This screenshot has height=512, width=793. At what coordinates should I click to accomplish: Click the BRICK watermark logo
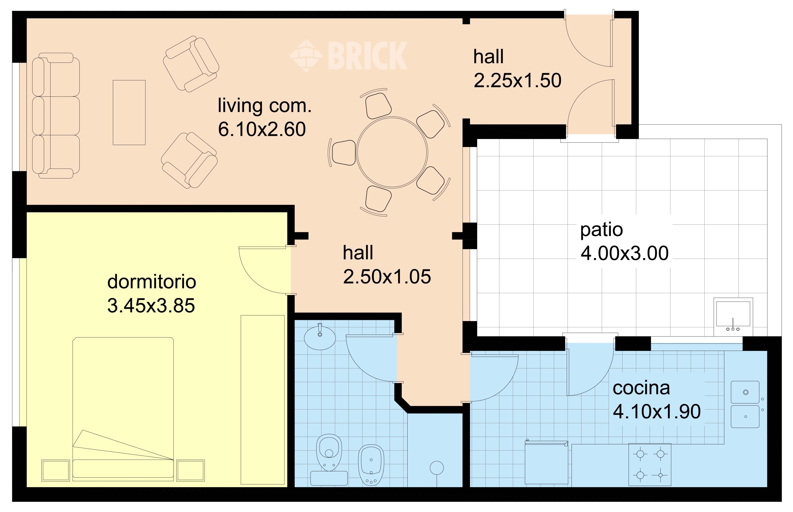(349, 55)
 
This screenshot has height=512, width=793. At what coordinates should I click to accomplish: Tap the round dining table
(392, 152)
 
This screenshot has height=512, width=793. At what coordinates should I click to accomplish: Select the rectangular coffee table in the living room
(129, 112)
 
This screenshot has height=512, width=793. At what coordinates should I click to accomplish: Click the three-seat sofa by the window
(56, 116)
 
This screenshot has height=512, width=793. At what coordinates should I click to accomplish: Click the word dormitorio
(152, 282)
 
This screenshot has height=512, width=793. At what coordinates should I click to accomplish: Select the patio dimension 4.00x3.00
(625, 253)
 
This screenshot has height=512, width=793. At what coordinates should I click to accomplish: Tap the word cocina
(641, 388)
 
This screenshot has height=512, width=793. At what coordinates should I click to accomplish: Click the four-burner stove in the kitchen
(650, 464)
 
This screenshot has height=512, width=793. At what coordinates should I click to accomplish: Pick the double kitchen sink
(745, 404)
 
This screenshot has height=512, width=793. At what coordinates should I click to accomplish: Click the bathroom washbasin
(320, 337)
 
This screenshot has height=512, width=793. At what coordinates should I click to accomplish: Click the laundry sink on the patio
(733, 316)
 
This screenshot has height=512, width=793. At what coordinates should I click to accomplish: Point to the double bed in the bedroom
(123, 409)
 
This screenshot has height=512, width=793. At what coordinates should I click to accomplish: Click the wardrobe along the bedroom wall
(262, 400)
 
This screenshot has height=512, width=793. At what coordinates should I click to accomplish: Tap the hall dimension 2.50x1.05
(387, 277)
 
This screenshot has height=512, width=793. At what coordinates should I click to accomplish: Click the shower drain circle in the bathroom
(437, 468)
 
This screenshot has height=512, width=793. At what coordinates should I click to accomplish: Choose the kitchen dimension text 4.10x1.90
(657, 412)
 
